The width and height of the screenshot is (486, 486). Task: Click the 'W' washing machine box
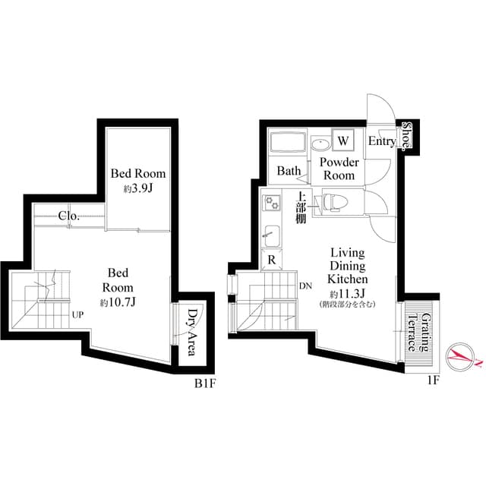pos(343,140)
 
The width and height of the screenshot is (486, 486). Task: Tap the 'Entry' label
pos(381,142)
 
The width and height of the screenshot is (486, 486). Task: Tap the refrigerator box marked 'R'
pos(271,260)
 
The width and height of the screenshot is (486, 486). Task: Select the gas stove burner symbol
pos(272,203)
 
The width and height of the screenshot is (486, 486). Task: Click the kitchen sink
pos(271,235)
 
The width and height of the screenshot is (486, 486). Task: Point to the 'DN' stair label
pos(305,286)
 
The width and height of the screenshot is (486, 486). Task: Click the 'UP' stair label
pos(78,313)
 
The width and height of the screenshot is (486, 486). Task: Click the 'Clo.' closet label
pos(69,216)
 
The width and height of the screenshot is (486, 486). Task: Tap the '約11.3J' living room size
pos(346,293)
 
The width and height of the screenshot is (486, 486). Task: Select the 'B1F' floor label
pos(206,383)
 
